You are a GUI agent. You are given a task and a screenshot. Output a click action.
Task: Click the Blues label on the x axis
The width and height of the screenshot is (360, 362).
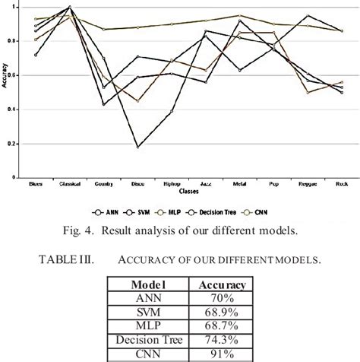[x=36, y=184]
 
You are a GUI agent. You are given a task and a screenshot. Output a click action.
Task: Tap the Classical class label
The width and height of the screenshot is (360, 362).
[x=70, y=184]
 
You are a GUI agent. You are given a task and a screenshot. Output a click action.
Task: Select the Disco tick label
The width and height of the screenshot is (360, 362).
[x=137, y=184]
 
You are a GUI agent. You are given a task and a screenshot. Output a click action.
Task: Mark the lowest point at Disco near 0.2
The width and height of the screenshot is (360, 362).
[x=138, y=146]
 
